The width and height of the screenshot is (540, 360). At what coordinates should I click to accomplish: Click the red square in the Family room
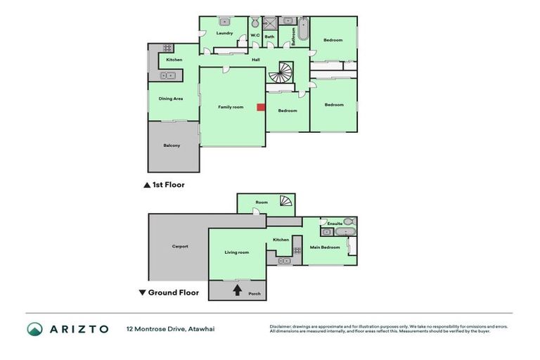click(260, 108)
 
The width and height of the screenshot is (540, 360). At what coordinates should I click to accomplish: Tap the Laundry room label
click(224, 33)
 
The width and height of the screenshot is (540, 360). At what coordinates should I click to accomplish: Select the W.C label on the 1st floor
click(255, 35)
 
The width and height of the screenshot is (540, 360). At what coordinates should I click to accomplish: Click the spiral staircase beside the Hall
click(285, 72)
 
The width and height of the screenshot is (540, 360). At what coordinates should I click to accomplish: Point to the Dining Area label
click(171, 98)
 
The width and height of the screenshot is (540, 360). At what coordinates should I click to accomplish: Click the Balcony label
click(172, 146)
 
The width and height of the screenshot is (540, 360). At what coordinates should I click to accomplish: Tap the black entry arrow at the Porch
click(237, 289)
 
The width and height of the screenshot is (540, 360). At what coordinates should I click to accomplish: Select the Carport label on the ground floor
click(180, 246)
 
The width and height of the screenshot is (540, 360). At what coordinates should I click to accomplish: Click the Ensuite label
click(335, 224)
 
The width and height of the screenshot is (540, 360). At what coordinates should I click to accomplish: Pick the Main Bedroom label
click(326, 247)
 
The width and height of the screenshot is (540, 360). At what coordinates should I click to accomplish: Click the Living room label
click(237, 252)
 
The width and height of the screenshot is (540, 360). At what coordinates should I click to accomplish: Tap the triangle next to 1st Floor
click(146, 185)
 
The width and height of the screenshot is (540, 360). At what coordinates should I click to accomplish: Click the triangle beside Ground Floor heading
click(142, 292)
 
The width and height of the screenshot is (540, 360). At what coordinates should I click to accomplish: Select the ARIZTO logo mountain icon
click(34, 329)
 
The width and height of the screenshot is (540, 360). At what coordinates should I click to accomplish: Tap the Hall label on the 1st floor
click(256, 59)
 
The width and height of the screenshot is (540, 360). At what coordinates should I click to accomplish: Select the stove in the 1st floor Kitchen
click(168, 48)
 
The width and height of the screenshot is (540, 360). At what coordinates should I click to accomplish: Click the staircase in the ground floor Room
click(285, 202)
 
